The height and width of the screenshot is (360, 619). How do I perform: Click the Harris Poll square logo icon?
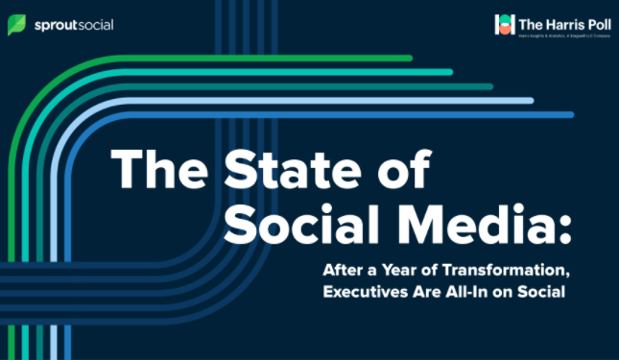click(x=504, y=24)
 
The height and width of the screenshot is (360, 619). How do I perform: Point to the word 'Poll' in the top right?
click(x=595, y=19)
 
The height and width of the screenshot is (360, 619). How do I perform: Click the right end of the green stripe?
click(x=410, y=58)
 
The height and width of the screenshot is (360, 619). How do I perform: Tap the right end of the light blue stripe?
click(x=531, y=101)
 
